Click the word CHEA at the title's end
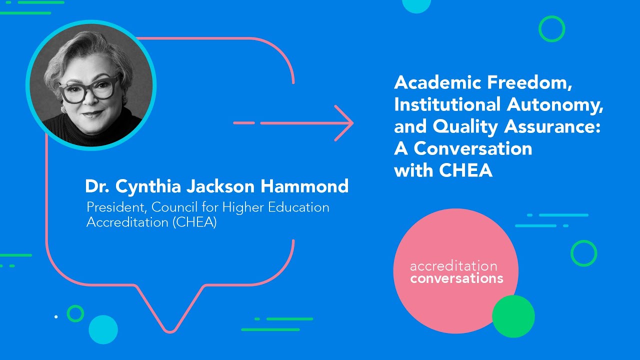click(466, 170)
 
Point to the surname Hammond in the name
click(304, 186)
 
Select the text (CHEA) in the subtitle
click(194, 222)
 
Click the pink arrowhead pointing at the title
click(345, 123)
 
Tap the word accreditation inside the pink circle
click(453, 266)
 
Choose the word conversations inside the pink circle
click(456, 278)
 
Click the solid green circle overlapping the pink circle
click(513, 316)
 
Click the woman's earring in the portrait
click(63, 108)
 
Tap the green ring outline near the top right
click(551, 29)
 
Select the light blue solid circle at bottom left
click(103, 329)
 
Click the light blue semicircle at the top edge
click(416, 5)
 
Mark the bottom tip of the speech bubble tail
click(169, 331)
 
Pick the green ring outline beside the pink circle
click(583, 253)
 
